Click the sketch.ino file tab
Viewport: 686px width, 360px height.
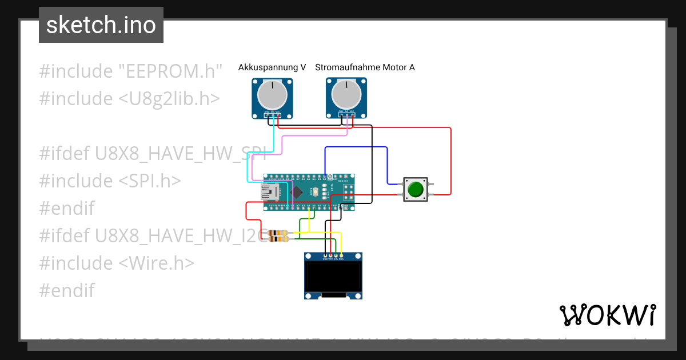point(101,25)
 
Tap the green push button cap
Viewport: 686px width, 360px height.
point(416,189)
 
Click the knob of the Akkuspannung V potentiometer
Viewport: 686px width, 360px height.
point(272,95)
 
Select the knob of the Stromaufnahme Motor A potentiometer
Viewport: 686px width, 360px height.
point(346,95)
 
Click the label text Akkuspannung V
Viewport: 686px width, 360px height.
point(272,67)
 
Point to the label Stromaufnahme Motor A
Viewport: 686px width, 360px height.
point(365,67)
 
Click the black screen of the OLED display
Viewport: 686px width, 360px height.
point(333,276)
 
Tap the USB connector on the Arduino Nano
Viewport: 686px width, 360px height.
point(269,193)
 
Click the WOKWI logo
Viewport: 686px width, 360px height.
point(607,315)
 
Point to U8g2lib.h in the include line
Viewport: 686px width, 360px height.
point(169,99)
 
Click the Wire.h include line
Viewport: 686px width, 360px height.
point(117,263)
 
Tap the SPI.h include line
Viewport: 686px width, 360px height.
point(110,181)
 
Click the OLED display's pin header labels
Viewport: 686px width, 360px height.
point(333,259)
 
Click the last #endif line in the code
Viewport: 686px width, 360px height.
point(67,290)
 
